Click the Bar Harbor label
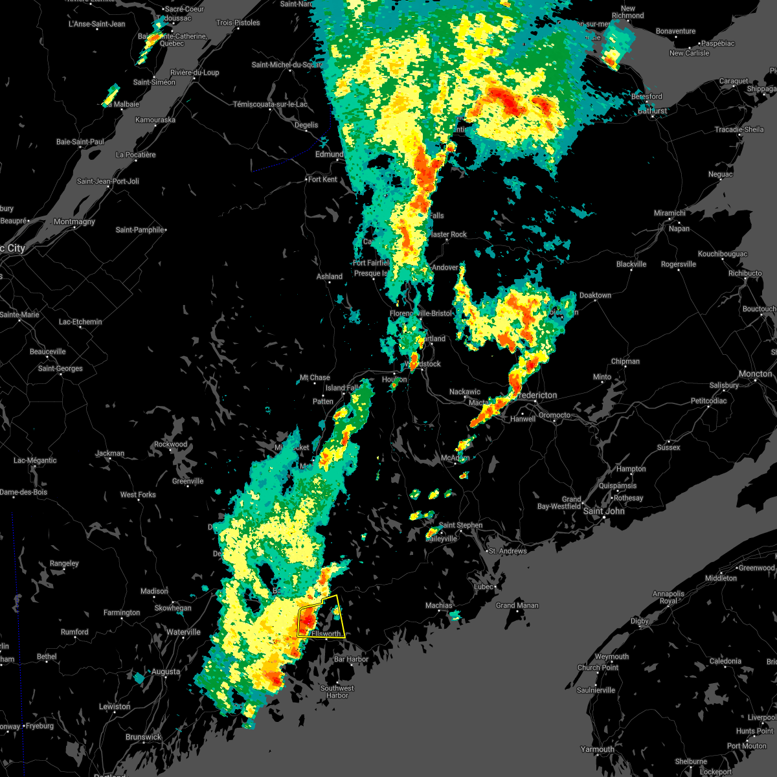coord(351,659)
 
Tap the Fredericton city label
coord(537,395)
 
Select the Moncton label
coord(755,374)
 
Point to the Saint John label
coord(604,511)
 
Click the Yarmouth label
coord(598,749)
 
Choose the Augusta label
coord(166,671)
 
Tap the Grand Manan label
coord(517,605)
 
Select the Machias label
coord(439,605)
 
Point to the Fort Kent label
coord(322,179)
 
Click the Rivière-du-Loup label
coord(194,73)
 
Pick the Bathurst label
coord(652,111)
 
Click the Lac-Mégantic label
coord(35,460)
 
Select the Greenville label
coord(188,481)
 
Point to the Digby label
coord(640,621)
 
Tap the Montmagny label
coord(74,221)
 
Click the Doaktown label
coord(595,295)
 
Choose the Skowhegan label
coord(173,608)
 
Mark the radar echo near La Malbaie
coord(111,94)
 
